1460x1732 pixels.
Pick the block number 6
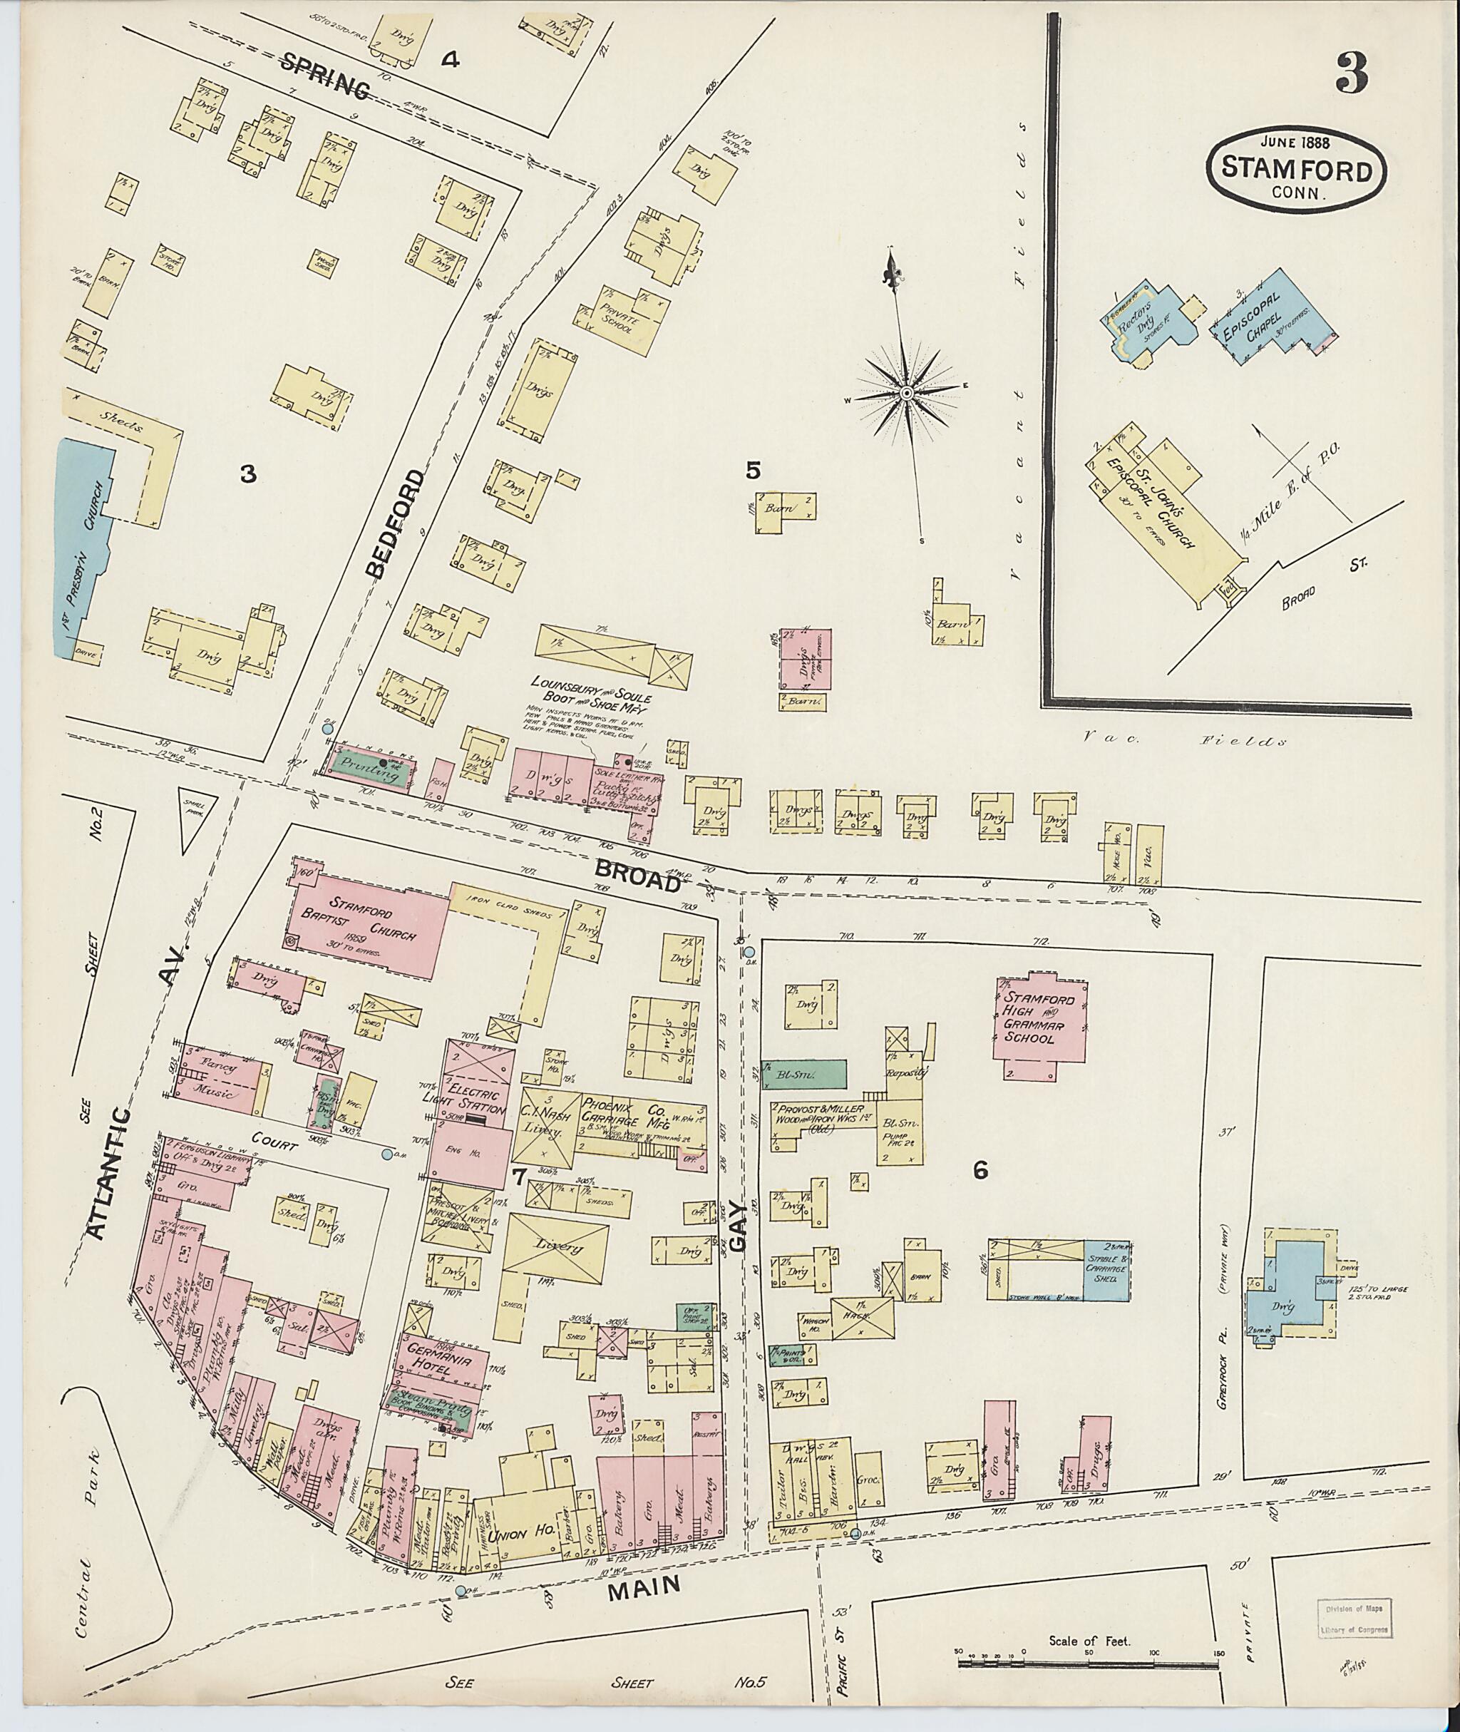point(981,1170)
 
